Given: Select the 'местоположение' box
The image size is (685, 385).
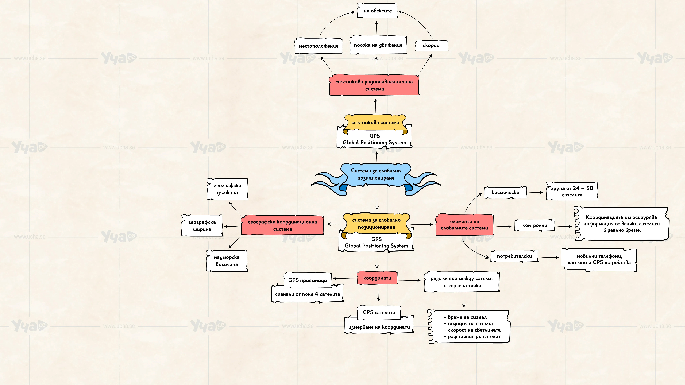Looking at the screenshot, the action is click(x=318, y=46).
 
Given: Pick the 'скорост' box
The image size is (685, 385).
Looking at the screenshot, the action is click(x=432, y=45).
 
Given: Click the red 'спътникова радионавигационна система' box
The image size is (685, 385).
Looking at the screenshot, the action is click(x=374, y=85).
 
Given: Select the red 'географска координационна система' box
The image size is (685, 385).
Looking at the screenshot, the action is click(x=282, y=225).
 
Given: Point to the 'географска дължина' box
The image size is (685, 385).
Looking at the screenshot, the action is click(x=227, y=189).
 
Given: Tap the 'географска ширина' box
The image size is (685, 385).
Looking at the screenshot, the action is click(x=202, y=226).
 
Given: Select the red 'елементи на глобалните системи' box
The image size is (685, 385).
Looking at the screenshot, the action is click(x=464, y=225).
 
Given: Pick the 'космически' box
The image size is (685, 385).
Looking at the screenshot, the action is click(x=505, y=192).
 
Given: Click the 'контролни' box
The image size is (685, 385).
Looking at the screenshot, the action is click(x=535, y=225).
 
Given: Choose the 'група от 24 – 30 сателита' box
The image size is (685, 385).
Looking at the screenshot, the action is click(x=572, y=191).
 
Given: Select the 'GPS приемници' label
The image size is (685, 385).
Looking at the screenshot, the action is click(x=308, y=280).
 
